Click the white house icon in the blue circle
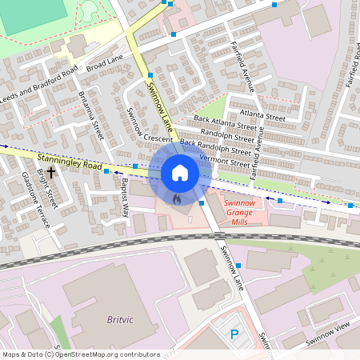pos(179,173)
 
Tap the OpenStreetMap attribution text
pos(81,354)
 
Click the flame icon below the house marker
pos(177,196)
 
